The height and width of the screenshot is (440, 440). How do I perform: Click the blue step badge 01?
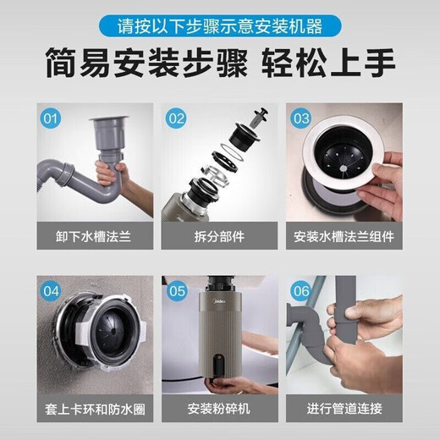point(50,118)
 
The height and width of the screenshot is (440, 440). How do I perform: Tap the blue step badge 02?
point(176,118)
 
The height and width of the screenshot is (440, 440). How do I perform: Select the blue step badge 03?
point(302,118)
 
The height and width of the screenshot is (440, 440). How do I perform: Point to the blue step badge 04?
point(50,291)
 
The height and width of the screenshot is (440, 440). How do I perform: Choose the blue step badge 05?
point(176,291)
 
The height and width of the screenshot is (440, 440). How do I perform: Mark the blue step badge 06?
point(302,291)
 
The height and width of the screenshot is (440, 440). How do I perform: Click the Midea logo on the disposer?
point(218,299)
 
